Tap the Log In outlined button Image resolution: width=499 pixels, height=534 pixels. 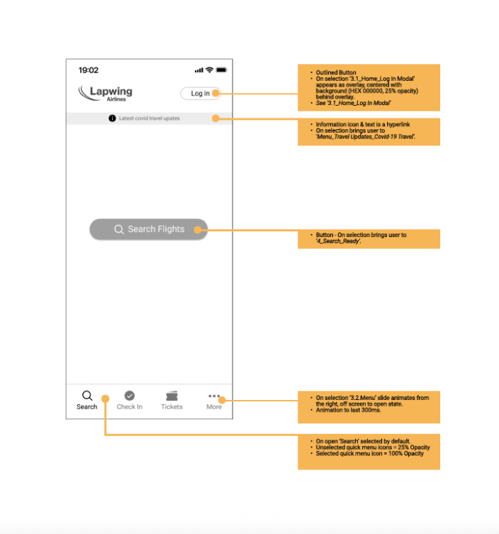199,94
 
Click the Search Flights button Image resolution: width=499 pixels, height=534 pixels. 148,229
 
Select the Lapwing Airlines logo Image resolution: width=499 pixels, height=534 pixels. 106,93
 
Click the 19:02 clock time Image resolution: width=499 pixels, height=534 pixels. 89,70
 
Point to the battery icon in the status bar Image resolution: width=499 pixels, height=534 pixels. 221,70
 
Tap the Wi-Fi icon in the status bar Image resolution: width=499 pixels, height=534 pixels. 209,70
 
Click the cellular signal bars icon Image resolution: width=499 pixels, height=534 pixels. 198,70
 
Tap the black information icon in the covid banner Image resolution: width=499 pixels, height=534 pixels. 112,118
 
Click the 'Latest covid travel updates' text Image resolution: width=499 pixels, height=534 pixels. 150,118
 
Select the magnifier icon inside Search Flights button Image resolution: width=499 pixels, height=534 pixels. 119,229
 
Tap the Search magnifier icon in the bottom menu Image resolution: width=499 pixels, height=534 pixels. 86,396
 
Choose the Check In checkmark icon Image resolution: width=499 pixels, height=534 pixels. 129,396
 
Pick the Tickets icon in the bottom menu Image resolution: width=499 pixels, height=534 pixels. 172,396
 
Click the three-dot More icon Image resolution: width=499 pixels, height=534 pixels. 213,395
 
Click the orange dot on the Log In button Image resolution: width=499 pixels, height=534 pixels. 217,93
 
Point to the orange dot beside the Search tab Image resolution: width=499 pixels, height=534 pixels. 105,399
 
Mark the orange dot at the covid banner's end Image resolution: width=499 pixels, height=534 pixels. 216,118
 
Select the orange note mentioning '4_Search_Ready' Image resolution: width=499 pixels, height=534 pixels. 369,238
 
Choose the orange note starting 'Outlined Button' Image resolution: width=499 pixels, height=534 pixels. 369,88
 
